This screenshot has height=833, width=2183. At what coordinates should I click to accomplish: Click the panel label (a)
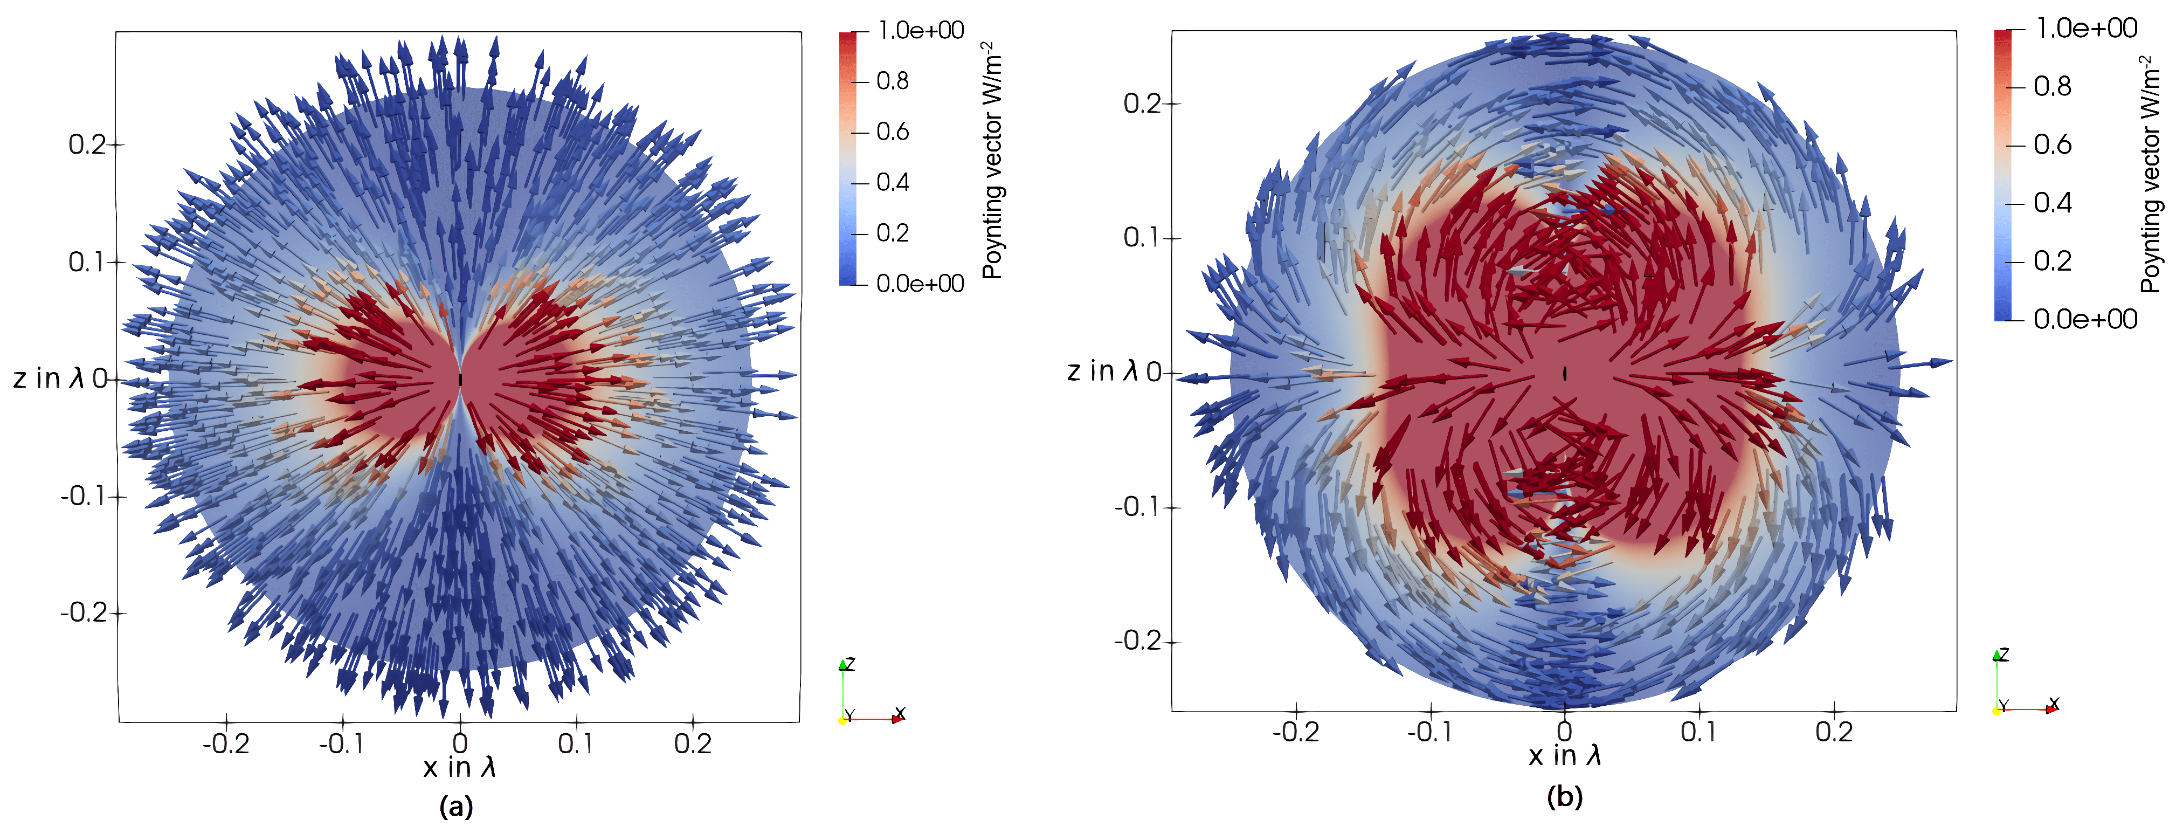coord(456,806)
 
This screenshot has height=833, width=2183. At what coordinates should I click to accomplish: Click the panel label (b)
coord(1564,796)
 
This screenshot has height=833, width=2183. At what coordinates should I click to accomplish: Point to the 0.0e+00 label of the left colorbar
coord(920,283)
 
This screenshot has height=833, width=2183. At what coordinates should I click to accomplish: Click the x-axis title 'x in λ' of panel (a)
coord(459,767)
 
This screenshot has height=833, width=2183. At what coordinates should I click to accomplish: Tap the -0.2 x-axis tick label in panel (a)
coord(225,744)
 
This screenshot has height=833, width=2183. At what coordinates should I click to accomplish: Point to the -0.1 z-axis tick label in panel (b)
coord(1138,507)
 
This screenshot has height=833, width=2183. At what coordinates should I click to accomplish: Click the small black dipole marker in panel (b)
coord(1564,373)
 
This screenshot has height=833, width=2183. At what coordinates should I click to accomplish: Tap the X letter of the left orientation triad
coord(900,713)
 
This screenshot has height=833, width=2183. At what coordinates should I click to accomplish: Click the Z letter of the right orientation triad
coord(2004,654)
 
